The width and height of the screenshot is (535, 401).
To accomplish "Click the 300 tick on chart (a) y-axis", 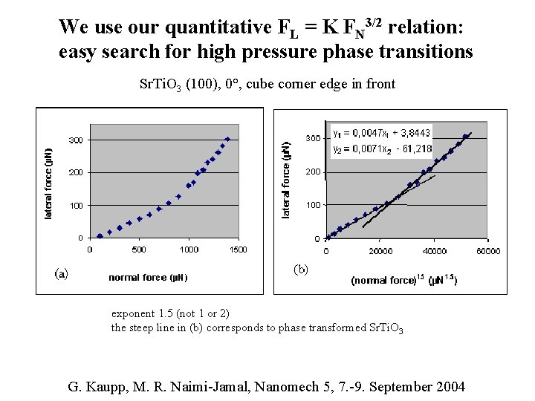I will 76,140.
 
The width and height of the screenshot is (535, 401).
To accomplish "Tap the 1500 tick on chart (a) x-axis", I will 237,250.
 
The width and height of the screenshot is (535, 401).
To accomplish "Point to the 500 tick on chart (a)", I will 138,250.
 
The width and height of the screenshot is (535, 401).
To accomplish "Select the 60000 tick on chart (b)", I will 487,251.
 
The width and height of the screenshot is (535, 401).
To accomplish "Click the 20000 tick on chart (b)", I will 380,251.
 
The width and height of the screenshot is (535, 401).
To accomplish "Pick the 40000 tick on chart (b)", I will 434,251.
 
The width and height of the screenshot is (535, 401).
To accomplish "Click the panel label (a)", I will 61,273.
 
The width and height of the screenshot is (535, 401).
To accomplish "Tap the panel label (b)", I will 300,267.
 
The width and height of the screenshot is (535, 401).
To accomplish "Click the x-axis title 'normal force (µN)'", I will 148,277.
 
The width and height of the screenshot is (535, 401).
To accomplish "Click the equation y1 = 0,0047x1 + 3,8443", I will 381,133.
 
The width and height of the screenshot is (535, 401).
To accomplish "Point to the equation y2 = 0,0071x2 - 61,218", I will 381,149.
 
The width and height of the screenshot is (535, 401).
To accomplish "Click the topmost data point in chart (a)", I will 227,139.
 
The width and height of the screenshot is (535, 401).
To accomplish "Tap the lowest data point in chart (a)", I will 100,236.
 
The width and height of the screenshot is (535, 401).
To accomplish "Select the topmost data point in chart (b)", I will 465,137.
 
